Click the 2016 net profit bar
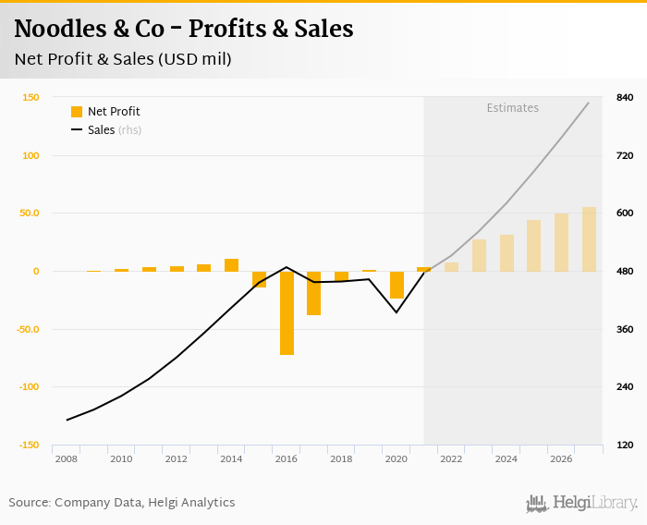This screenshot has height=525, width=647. tap(287, 312)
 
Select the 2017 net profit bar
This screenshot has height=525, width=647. tap(314, 293)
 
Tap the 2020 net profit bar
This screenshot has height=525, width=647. tap(397, 285)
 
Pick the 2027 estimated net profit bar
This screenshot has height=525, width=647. tap(589, 239)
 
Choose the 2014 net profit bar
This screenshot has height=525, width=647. tap(232, 265)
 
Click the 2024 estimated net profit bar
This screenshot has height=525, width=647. tap(507, 253)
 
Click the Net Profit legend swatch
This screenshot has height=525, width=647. tap(77, 112)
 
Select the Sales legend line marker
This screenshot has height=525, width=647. tap(77, 130)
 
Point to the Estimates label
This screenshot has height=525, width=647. tap(512, 108)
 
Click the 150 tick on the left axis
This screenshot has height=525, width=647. tap(31, 98)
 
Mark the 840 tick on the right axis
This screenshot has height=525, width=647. tap(625, 98)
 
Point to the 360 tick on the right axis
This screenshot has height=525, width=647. tap(625, 330)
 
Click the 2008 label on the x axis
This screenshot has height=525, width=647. tap(66, 459)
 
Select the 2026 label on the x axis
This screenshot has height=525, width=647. tap(561, 459)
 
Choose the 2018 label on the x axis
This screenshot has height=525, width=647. tap(341, 459)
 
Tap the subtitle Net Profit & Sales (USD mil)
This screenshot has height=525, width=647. tap(123, 59)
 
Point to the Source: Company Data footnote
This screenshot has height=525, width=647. tap(122, 503)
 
